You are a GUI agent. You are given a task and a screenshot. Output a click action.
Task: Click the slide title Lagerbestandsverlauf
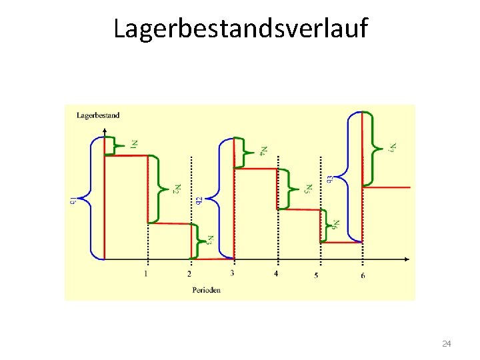240,29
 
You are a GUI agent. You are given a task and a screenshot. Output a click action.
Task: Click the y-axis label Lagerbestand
98,115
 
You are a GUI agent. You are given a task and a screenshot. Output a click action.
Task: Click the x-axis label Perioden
206,290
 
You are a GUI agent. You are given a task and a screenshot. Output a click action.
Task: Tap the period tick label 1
146,273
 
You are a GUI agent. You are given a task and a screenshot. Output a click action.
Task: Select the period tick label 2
189,273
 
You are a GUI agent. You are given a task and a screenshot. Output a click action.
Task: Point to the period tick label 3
232,273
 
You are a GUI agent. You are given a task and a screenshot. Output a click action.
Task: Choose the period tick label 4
276,273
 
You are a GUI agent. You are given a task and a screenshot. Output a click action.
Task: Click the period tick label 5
317,275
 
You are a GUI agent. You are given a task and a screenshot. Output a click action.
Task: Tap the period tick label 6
363,275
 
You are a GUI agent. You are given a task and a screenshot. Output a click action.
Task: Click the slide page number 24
447,343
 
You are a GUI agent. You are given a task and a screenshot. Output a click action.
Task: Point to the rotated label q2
199,200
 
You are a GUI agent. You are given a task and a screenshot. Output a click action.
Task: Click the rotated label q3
331,179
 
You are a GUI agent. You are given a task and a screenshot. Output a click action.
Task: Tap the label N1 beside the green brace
135,143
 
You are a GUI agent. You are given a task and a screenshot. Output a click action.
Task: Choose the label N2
177,189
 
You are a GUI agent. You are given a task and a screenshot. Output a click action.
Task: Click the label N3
210,239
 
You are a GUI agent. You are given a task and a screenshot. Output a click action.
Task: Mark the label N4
264,151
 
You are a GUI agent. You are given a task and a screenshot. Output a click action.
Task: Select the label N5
307,189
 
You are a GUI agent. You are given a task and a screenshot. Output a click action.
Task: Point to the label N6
337,225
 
